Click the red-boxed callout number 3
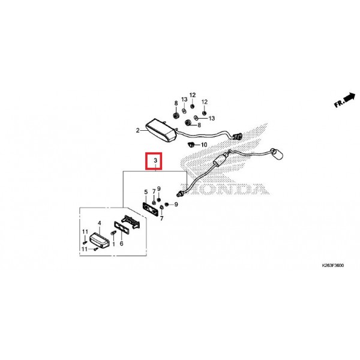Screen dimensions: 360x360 [x=155, y=160]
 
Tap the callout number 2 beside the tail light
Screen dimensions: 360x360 [x=137, y=130]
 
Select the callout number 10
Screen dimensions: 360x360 [x=204, y=145]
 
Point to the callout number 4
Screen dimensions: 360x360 [x=100, y=223]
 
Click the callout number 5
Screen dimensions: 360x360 [x=146, y=192]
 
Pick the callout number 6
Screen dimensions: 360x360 [x=121, y=244]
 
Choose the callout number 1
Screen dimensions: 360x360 [x=113, y=244]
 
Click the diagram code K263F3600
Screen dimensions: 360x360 [x=332, y=265]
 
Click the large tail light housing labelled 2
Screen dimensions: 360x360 [x=161, y=130]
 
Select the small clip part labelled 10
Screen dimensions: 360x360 [x=191, y=145]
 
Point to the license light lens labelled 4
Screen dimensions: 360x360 [x=99, y=241]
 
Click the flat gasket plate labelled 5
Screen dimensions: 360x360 [x=151, y=209]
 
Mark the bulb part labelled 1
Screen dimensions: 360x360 [x=113, y=233]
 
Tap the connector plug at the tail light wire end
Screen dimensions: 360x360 [x=238, y=136]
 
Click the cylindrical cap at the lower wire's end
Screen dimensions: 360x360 [x=277, y=154]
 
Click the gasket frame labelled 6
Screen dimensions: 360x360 [x=122, y=227]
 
